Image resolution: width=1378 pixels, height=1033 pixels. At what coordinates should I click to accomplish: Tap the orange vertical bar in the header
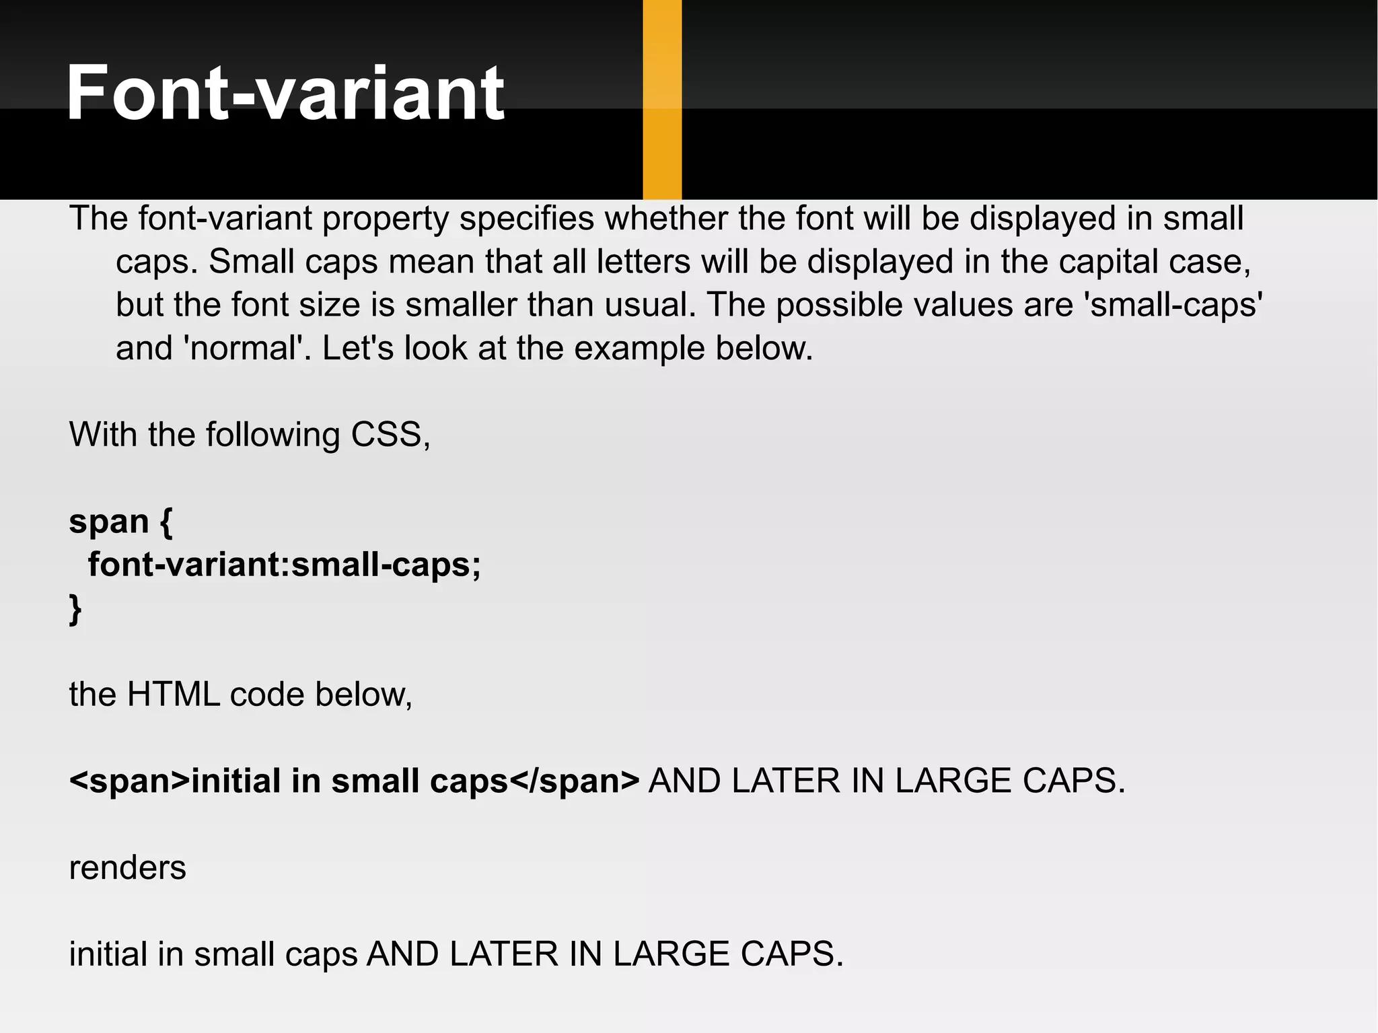tap(662, 100)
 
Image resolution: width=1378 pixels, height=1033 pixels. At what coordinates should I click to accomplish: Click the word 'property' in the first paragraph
tap(385, 219)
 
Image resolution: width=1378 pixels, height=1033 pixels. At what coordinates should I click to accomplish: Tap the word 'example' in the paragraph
tap(639, 349)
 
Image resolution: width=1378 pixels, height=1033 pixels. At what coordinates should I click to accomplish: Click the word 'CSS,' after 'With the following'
tap(390, 435)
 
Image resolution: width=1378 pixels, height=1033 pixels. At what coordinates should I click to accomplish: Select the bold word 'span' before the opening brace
tap(109, 522)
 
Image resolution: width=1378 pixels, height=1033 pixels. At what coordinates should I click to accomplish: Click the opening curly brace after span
tap(166, 522)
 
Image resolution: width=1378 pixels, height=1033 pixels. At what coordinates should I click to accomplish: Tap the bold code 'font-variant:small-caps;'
tap(284, 565)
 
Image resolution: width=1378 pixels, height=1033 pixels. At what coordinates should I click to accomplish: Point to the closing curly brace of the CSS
tap(75, 609)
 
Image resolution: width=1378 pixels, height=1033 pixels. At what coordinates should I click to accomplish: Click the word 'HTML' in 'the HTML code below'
tap(173, 694)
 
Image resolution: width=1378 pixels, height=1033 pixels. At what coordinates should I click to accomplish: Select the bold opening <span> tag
tap(129, 781)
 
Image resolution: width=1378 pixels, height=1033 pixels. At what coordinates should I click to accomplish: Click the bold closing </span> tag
tap(574, 781)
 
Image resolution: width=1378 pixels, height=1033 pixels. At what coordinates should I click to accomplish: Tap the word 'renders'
tap(127, 868)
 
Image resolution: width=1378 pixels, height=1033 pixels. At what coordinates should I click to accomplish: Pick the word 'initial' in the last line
tap(108, 954)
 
